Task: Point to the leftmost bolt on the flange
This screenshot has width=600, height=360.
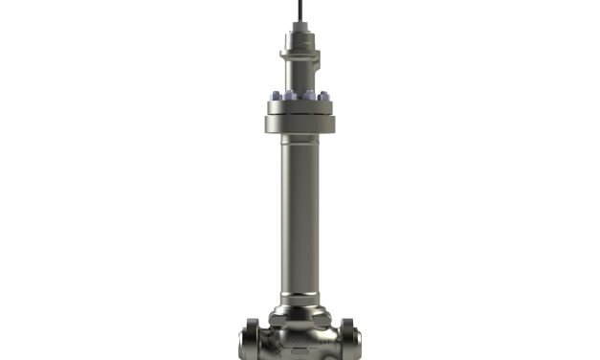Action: click(272, 97)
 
